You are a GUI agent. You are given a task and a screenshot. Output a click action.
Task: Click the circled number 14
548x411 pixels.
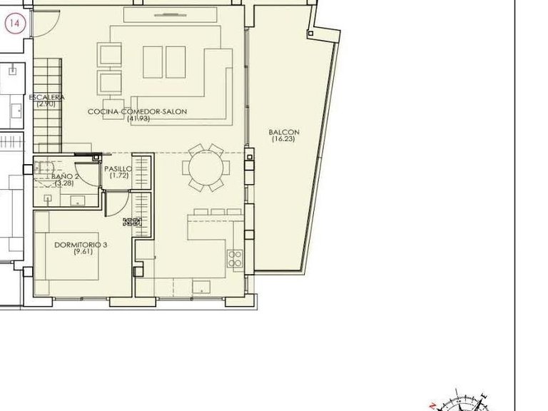tap(14, 24)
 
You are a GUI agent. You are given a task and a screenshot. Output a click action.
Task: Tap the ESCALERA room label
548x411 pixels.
tap(47, 97)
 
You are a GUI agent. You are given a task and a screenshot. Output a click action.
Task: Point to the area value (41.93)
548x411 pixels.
tap(138, 118)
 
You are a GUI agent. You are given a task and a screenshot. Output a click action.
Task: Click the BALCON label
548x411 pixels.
tap(283, 132)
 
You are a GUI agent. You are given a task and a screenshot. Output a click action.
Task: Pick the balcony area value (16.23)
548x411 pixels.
tap(283, 139)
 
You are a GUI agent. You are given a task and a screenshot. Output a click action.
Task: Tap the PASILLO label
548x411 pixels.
tap(118, 169)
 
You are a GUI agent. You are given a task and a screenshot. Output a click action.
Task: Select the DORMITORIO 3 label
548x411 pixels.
tap(81, 245)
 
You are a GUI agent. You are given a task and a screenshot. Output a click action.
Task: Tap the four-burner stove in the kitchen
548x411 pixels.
tap(235, 258)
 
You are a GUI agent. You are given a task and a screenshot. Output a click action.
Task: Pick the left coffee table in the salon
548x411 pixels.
tap(153, 62)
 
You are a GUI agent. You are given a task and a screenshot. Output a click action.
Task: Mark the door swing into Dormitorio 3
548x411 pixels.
tap(113, 203)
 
